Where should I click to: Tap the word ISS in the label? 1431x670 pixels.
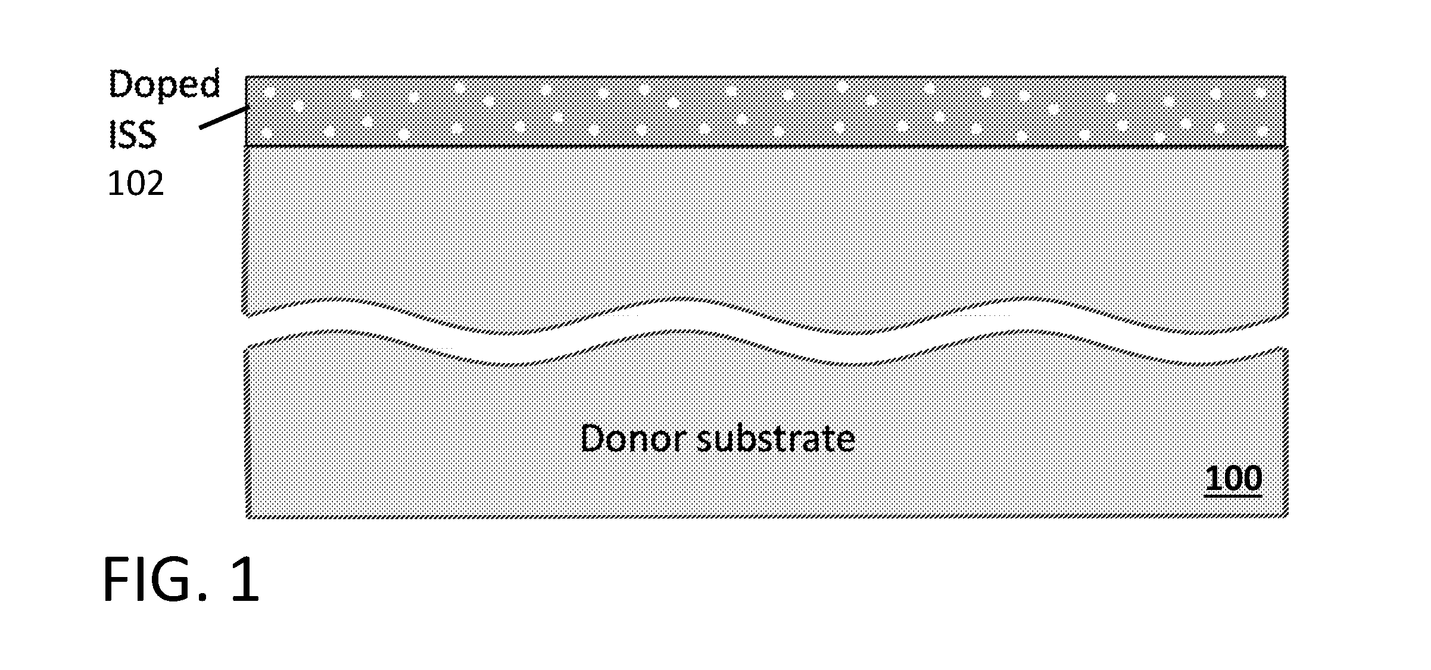[132, 135]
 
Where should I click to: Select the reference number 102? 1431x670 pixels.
[135, 184]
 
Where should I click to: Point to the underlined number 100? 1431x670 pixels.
[1233, 478]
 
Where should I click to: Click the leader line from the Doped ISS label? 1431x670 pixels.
[223, 117]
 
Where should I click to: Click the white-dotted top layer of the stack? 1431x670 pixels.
[766, 111]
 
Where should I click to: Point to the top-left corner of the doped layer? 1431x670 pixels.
[246, 76]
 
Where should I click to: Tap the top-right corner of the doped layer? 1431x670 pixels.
[1286, 76]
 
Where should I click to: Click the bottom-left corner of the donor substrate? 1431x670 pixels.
[247, 517]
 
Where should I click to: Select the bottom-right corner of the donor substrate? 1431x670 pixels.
[1287, 517]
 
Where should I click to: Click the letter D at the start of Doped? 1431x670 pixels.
[120, 85]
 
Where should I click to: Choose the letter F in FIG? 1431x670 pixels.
[116, 579]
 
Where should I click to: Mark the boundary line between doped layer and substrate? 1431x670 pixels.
[766, 146]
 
